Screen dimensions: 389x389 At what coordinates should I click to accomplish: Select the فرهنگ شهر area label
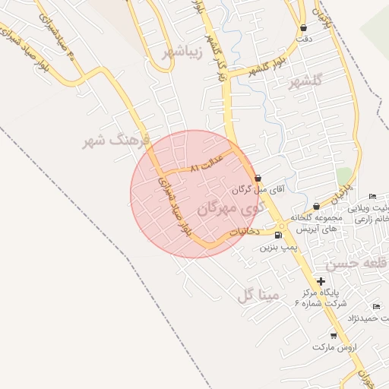click(x=119, y=141)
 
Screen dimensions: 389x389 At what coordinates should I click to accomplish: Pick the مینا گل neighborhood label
click(x=259, y=294)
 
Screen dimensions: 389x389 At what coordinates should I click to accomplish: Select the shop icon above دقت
click(x=304, y=28)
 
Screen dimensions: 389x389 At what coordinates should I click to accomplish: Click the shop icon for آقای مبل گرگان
click(x=258, y=178)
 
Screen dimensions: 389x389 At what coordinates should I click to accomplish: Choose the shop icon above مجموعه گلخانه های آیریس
click(x=316, y=206)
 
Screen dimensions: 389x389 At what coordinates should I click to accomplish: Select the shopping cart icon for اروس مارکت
click(x=334, y=335)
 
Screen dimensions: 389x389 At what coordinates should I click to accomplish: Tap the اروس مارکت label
click(x=334, y=347)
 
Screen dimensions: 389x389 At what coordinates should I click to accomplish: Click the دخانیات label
click(x=245, y=230)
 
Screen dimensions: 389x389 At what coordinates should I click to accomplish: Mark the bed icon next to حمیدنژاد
click(x=376, y=306)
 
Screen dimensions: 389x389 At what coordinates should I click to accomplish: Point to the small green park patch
click(x=344, y=176)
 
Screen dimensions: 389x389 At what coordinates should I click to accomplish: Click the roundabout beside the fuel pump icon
click(x=283, y=226)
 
